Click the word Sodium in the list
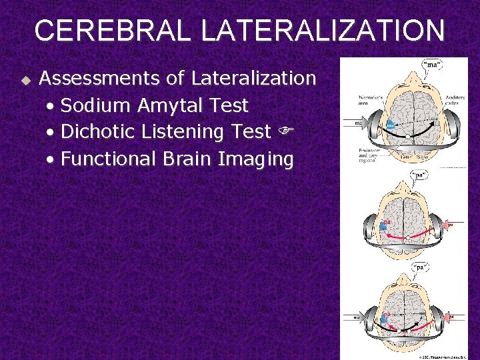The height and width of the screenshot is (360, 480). click(x=98, y=105)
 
